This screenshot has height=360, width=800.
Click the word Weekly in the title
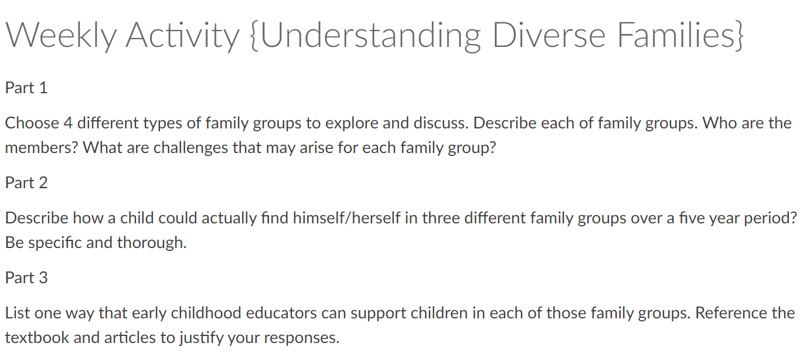[61, 35]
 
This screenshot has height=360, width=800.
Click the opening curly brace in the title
[255, 36]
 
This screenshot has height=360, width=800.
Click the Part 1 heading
[26, 88]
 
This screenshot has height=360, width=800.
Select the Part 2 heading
[26, 183]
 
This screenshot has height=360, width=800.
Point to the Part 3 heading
[26, 278]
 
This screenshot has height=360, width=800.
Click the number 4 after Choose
[68, 123]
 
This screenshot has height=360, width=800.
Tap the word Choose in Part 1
[32, 123]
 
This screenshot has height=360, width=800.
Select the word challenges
[190, 148]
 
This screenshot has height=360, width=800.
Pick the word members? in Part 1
[42, 148]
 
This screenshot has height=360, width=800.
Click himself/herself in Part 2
[347, 218]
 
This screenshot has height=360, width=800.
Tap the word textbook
[37, 338]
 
